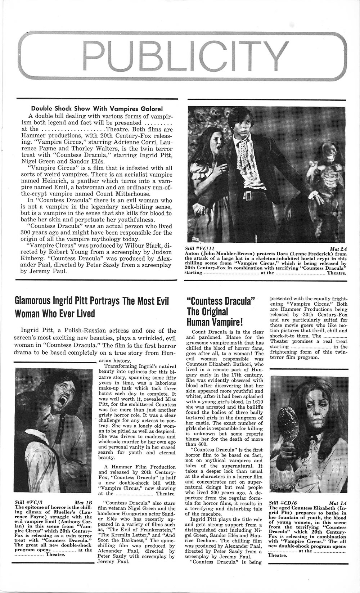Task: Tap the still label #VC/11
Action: pos(202,248)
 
